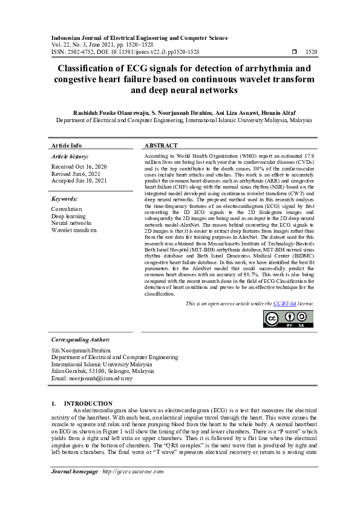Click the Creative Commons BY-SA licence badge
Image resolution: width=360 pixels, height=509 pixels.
coord(289,319)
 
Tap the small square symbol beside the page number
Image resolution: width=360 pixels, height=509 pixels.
coord(293,53)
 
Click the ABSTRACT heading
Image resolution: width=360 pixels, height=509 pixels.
coord(162,146)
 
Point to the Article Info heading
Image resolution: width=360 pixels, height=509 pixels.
coord(67,146)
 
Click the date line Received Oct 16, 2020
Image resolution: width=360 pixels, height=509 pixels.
coord(79,166)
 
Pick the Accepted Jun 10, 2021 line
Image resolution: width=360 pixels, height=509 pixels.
coord(79,181)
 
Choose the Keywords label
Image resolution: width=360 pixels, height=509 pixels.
coord(64,199)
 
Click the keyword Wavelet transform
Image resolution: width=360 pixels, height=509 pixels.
coord(74,230)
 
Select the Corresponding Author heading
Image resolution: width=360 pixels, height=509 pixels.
coord(80,340)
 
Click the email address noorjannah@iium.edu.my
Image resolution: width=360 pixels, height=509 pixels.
coord(101,378)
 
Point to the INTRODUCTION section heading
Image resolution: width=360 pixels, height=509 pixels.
coord(88,403)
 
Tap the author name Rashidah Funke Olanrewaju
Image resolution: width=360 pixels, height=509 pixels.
coord(112,112)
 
